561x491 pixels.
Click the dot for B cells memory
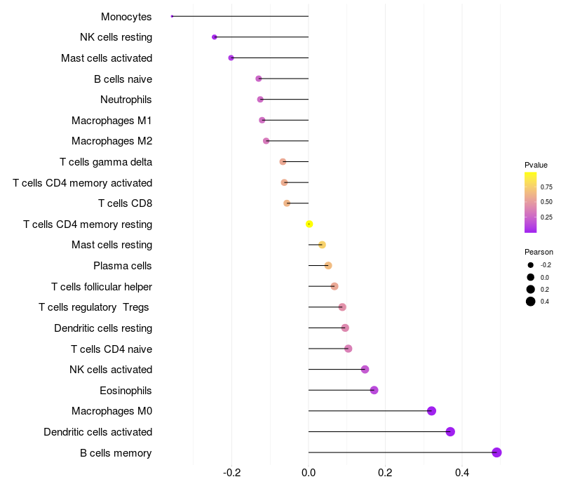496,452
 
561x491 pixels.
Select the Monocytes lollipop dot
172,16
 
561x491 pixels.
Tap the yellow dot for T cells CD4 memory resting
309,224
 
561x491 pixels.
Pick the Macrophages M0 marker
431,411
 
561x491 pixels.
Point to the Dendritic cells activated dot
450,431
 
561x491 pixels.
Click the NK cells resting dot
215,37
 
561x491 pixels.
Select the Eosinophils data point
374,390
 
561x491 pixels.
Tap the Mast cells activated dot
231,58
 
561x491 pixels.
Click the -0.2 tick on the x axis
232,473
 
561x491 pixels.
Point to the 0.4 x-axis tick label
461,473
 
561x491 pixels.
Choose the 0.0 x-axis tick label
309,473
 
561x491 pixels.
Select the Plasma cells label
123,266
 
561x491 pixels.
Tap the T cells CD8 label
125,203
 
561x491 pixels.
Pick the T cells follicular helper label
102,286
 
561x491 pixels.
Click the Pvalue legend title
536,165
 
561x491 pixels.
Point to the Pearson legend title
539,252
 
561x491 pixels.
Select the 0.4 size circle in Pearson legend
531,302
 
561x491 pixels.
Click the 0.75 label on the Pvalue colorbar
546,187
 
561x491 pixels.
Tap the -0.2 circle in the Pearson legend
531,265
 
